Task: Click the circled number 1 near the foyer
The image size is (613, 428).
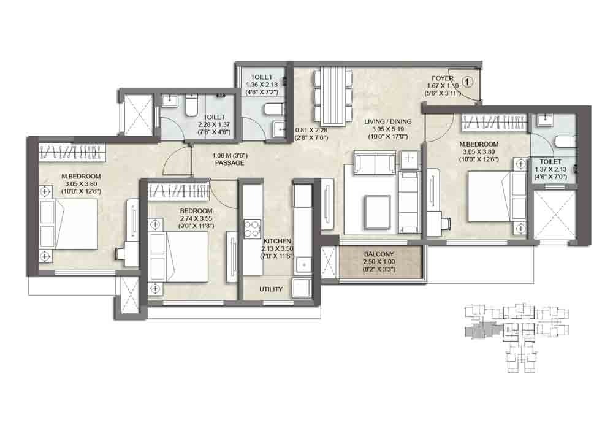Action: pyautogui.click(x=467, y=82)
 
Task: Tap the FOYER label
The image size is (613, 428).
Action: pyautogui.click(x=443, y=78)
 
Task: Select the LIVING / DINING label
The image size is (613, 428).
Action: pyautogui.click(x=388, y=121)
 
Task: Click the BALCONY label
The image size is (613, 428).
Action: pyautogui.click(x=379, y=254)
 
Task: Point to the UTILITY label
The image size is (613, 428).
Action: pyautogui.click(x=271, y=289)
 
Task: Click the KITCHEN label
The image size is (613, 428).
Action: pyautogui.click(x=277, y=242)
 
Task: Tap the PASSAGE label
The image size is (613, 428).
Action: pyautogui.click(x=229, y=162)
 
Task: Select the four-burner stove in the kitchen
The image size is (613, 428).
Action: pyautogui.click(x=253, y=229)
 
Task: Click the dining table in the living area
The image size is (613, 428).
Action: pyautogui.click(x=334, y=98)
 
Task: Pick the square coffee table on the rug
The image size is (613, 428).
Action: pyautogui.click(x=378, y=212)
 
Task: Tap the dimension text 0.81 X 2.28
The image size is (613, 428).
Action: pyautogui.click(x=311, y=130)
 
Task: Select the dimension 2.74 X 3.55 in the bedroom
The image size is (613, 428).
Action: pyautogui.click(x=196, y=219)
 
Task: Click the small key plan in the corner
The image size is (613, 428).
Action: pyautogui.click(x=516, y=337)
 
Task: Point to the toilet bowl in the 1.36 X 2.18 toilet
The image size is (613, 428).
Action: pyautogui.click(x=271, y=110)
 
